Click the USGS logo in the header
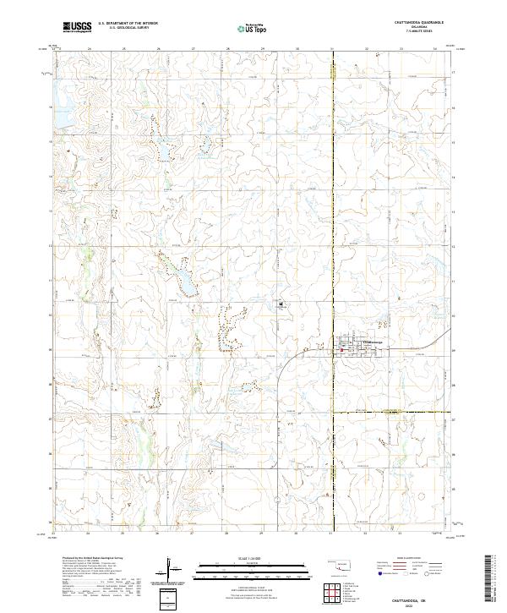77,27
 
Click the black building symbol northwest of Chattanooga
280,304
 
